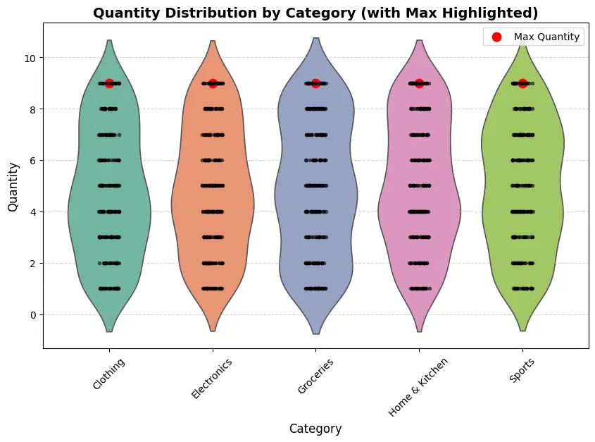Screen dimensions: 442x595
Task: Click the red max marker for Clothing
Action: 109,83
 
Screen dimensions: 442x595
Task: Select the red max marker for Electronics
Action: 213,83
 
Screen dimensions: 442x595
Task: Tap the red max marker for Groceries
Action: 315,83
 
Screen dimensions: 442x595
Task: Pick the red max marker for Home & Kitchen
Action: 419,83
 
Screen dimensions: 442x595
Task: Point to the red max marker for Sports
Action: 522,83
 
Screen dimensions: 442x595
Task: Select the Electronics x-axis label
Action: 211,379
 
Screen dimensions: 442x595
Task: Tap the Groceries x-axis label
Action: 315,376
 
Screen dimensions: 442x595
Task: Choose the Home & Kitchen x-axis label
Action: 418,386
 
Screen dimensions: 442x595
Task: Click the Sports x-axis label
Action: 522,370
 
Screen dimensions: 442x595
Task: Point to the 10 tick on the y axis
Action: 30,57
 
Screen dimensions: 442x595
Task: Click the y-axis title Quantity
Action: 13,186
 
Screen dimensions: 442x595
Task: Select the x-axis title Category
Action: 315,429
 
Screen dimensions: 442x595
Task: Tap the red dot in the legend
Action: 496,37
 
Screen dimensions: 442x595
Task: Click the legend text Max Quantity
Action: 547,37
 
